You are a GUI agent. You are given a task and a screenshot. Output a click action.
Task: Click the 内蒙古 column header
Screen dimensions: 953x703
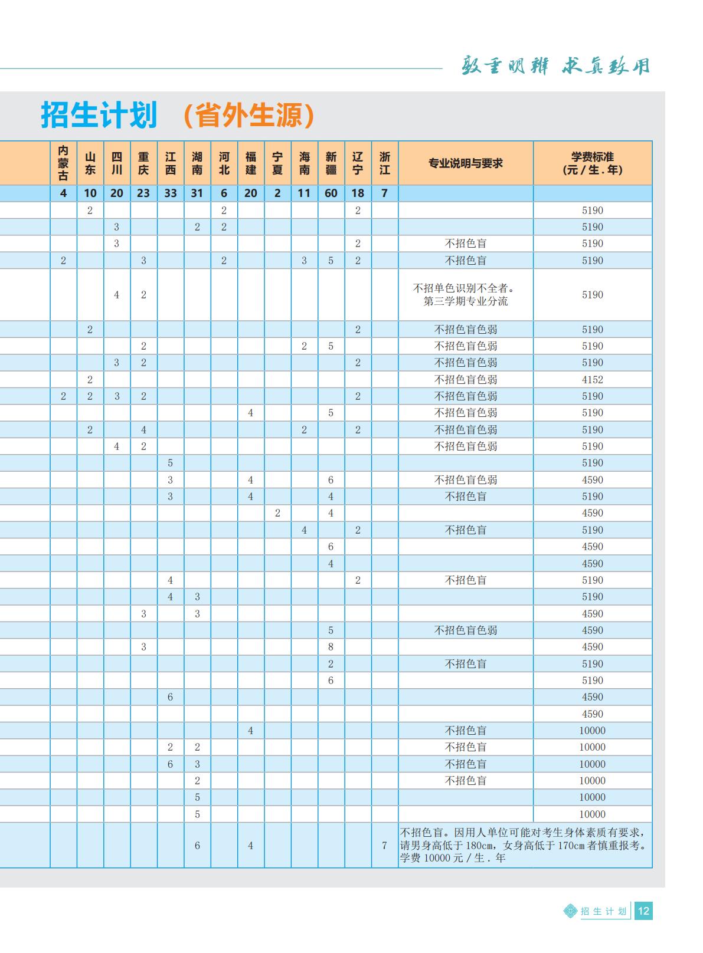(63, 163)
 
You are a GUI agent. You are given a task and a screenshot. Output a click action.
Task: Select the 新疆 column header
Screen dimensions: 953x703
(331, 163)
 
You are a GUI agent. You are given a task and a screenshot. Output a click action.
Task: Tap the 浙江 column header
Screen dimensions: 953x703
(385, 163)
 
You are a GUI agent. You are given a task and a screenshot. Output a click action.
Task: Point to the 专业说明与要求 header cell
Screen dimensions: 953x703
(466, 163)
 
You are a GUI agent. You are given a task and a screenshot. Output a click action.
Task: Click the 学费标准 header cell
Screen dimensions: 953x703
(593, 163)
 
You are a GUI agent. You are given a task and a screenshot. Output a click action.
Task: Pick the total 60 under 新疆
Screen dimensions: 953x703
(331, 193)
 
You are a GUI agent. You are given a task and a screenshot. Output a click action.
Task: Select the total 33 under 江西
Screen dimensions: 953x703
(171, 193)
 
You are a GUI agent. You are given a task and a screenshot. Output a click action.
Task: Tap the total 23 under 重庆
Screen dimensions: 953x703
(143, 193)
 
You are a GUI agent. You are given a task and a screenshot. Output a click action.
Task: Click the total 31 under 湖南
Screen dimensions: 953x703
(197, 193)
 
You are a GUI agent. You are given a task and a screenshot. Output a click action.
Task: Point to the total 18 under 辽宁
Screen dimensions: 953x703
(358, 193)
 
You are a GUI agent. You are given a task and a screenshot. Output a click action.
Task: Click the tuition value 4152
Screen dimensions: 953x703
(593, 380)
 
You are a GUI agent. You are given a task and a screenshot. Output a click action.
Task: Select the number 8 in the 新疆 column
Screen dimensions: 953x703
(331, 647)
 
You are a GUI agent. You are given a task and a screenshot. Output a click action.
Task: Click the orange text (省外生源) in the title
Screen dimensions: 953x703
(248, 116)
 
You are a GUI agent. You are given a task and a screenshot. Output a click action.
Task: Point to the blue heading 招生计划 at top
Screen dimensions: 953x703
(99, 115)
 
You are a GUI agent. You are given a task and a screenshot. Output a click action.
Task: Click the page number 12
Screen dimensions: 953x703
(643, 911)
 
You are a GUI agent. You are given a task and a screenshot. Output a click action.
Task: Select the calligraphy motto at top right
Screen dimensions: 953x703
(555, 66)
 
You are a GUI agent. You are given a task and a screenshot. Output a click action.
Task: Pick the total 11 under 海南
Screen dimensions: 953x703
(304, 193)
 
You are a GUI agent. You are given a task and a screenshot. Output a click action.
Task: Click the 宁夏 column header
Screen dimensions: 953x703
(277, 163)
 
